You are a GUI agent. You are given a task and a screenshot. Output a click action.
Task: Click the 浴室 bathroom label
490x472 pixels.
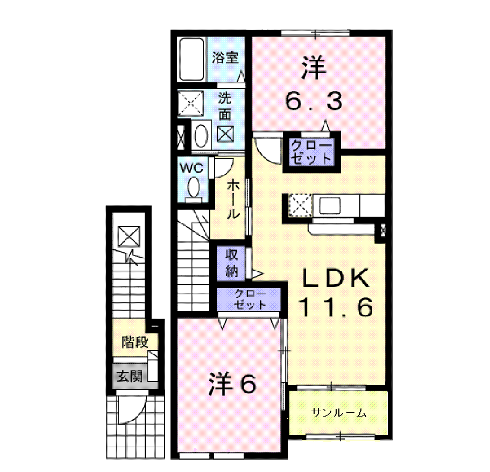[225, 58]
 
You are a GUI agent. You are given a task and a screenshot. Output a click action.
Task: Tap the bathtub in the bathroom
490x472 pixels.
[191, 59]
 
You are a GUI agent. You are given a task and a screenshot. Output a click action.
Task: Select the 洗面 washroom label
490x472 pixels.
[225, 107]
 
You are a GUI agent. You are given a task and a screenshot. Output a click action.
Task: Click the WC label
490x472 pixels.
[191, 168]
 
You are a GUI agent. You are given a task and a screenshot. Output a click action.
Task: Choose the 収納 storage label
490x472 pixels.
[232, 263]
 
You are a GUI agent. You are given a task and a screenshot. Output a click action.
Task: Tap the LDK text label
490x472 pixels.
[335, 278]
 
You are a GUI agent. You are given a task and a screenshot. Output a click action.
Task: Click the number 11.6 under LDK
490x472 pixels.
[336, 307]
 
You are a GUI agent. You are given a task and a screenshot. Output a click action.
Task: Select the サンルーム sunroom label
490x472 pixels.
[339, 413]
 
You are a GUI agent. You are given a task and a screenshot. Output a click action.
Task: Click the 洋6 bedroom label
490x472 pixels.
[232, 383]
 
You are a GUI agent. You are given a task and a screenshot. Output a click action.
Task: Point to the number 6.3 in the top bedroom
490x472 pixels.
[314, 101]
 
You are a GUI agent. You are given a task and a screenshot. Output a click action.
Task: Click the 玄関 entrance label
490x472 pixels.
[130, 376]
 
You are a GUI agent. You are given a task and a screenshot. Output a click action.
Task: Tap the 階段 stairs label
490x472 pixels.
[134, 342]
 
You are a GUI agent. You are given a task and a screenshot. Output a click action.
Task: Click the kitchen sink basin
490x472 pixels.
[329, 206]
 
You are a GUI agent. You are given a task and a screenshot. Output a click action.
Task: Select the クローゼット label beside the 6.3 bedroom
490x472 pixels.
[311, 152]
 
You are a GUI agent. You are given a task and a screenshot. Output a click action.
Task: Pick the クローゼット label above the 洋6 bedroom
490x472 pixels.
[250, 299]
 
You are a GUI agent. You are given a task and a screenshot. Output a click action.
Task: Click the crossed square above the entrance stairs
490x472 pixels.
[129, 236]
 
